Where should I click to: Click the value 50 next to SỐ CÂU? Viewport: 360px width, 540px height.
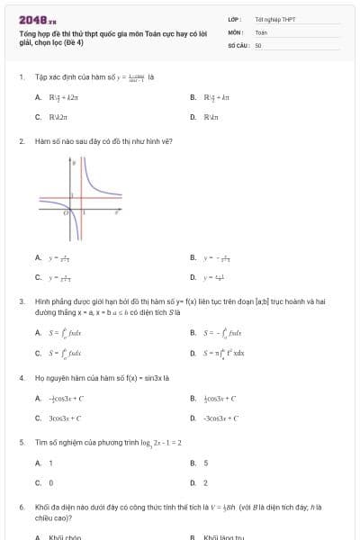click(x=258, y=44)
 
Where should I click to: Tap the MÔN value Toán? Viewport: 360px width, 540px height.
click(x=261, y=31)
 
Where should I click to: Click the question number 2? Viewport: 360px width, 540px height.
click(x=21, y=141)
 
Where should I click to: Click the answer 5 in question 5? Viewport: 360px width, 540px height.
click(x=206, y=463)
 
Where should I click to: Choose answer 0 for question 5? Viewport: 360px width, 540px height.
click(x=50, y=483)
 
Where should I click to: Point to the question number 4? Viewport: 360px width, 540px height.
click(x=21, y=378)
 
